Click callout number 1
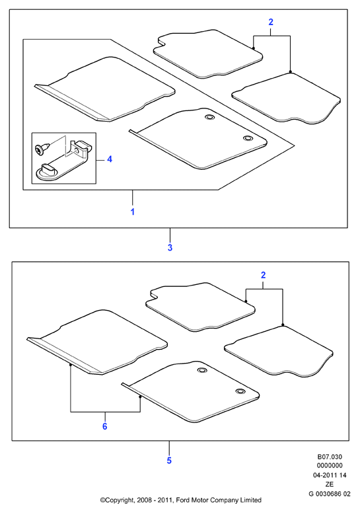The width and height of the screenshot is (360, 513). pyautogui.click(x=132, y=212)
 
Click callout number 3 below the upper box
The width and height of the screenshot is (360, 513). pyautogui.click(x=170, y=248)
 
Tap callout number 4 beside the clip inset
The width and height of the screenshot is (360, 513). pyautogui.click(x=110, y=159)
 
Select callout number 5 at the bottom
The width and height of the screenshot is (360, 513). pyautogui.click(x=169, y=460)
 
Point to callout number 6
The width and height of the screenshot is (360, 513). pyautogui.click(x=104, y=426)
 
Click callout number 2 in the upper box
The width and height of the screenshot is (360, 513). pyautogui.click(x=271, y=22)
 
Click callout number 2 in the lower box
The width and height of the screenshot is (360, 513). pyautogui.click(x=264, y=275)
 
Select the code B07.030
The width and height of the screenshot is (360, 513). pyautogui.click(x=330, y=457)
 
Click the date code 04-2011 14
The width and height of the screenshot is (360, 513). pyautogui.click(x=330, y=475)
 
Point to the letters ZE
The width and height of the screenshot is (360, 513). pyautogui.click(x=330, y=485)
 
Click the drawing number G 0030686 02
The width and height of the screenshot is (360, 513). pyautogui.click(x=330, y=494)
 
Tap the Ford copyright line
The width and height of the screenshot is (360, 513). pyautogui.click(x=181, y=500)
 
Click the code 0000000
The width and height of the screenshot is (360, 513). pyautogui.click(x=330, y=465)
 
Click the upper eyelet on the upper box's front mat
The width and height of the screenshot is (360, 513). pyautogui.click(x=208, y=117)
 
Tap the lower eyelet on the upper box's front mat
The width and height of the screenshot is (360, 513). pyautogui.click(x=248, y=138)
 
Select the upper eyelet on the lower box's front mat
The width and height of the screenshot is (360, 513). pyautogui.click(x=201, y=370)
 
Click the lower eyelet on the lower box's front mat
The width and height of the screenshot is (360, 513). pyautogui.click(x=240, y=391)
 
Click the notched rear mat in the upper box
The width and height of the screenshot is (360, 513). pyautogui.click(x=207, y=54)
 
